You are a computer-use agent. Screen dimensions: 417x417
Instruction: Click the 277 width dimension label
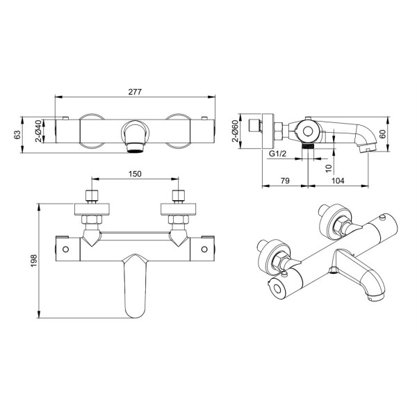[x=135, y=92]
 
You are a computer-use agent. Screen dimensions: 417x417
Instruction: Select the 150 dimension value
[x=135, y=174]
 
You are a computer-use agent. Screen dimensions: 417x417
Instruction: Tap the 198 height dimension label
[x=34, y=261]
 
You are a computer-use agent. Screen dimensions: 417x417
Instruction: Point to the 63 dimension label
[x=17, y=135]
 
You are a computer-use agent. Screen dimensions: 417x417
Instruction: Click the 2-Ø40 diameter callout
[x=38, y=131]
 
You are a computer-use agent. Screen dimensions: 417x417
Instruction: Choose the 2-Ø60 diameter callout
[x=235, y=131]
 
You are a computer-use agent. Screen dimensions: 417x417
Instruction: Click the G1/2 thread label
[x=277, y=154]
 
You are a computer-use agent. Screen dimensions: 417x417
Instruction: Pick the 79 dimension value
[x=285, y=181]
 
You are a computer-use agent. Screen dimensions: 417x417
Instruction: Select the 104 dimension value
[x=338, y=181]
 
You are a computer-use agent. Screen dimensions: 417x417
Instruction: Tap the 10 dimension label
[x=329, y=168]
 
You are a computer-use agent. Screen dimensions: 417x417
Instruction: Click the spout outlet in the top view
[x=136, y=148]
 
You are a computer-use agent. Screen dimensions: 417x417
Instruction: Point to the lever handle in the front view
[x=136, y=286]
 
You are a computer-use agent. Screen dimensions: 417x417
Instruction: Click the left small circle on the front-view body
[x=65, y=250]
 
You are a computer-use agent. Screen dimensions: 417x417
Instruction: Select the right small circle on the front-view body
[x=204, y=250]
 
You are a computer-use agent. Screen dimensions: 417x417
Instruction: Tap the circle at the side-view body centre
[x=308, y=131]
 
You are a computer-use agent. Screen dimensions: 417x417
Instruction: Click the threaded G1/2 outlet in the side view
[x=308, y=146]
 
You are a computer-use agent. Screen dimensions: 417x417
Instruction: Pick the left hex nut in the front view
[x=92, y=219]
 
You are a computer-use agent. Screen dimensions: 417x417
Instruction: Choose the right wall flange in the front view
[x=179, y=209]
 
